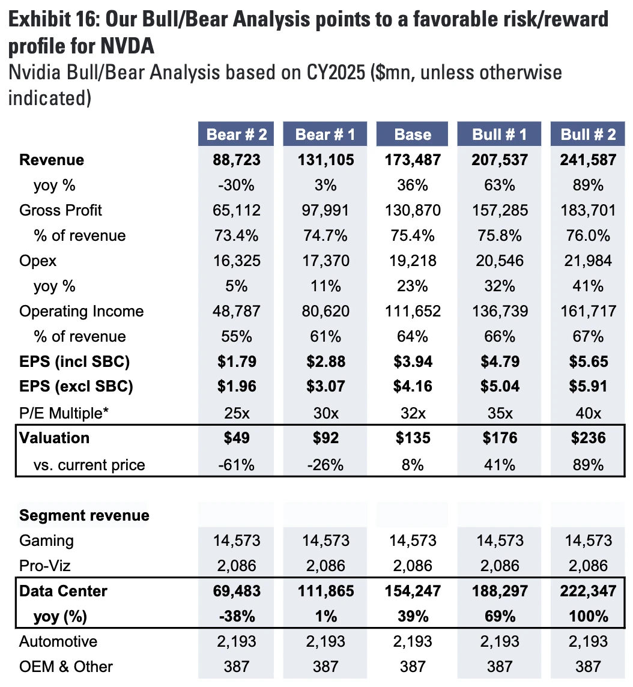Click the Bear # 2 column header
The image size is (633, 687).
tap(237, 134)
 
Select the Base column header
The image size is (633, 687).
tap(413, 134)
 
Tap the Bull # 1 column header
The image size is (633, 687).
tap(500, 134)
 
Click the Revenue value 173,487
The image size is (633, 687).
tap(413, 160)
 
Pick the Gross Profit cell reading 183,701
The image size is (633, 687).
tap(589, 210)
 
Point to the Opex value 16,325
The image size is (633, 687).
tap(237, 261)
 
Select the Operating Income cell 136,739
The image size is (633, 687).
tap(500, 311)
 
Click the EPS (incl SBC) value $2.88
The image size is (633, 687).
tap(325, 362)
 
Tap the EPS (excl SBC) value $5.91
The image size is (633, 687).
tap(589, 387)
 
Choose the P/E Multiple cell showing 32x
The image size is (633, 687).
tap(413, 412)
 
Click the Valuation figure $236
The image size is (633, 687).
tap(589, 438)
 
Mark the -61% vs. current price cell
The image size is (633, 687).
tap(237, 464)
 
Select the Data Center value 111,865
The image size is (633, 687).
tap(325, 591)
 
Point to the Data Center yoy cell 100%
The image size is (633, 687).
tap(589, 616)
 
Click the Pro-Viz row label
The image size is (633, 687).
tap(46, 566)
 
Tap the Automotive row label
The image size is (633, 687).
tap(58, 641)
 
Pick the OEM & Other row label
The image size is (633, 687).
tap(66, 666)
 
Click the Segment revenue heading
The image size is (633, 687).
tap(84, 515)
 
